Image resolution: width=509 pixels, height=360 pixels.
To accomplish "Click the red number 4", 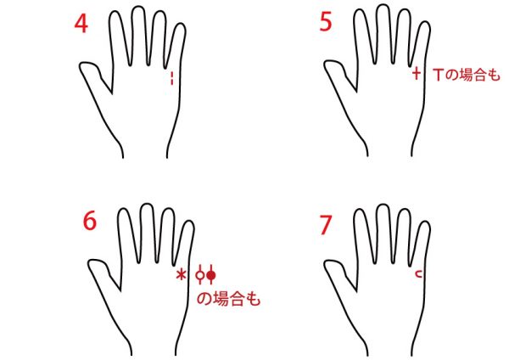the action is click(x=81, y=24).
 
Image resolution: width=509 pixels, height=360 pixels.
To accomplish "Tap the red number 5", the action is click(x=326, y=22).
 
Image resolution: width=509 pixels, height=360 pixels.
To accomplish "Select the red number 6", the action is click(x=90, y=221).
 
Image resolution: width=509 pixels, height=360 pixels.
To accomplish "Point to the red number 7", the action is click(x=326, y=225).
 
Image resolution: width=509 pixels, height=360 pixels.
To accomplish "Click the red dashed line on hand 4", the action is click(x=172, y=78).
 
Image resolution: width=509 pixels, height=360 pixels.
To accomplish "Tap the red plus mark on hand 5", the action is click(x=417, y=73).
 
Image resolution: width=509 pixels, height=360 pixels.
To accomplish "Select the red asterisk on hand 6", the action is click(x=182, y=275).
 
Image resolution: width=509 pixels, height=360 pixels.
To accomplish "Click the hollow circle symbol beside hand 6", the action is click(x=200, y=275).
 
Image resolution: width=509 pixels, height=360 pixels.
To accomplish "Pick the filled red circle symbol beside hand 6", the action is click(x=211, y=275).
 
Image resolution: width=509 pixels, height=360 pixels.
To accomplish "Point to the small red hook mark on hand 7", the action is click(x=419, y=274).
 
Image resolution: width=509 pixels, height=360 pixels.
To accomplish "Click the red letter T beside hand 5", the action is click(x=438, y=75).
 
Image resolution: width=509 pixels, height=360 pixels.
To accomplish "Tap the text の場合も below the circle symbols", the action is click(x=228, y=299).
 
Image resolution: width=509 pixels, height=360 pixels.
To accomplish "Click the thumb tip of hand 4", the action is click(x=81, y=65).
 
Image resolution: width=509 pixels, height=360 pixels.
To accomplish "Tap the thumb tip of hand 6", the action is click(x=90, y=262).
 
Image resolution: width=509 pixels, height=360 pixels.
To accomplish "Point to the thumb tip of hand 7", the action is click(x=326, y=263).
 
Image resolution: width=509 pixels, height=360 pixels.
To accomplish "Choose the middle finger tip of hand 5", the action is click(x=383, y=6).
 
